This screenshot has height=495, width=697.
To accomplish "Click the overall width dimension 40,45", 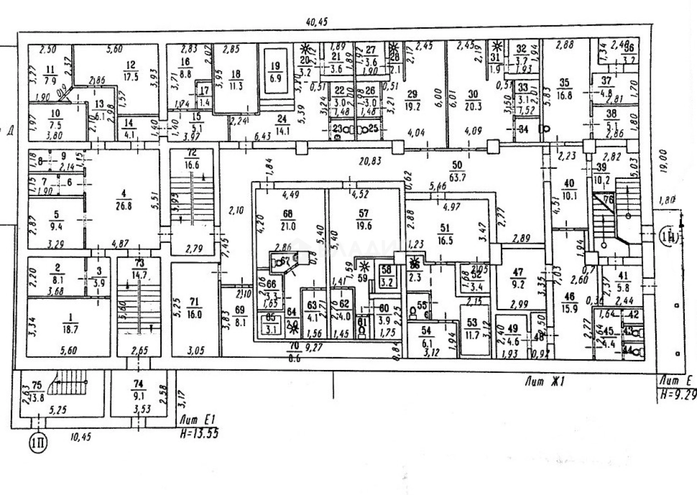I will (x=317, y=22).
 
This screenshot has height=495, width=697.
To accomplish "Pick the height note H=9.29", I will (x=676, y=394).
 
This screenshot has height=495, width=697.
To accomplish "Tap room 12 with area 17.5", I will (x=131, y=71).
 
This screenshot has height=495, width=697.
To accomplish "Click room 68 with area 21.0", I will (x=287, y=221).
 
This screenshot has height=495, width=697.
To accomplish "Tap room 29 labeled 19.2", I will (x=412, y=98).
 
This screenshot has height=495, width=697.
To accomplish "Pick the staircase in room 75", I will (x=69, y=384).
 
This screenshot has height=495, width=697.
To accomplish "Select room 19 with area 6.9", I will (x=274, y=71).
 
